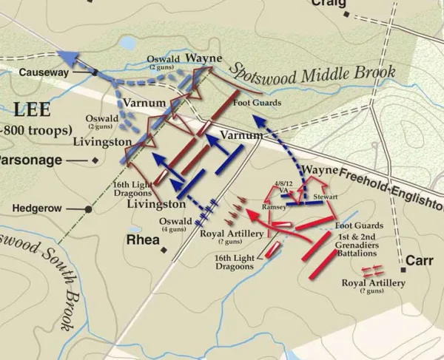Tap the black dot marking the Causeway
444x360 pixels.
coord(95,72)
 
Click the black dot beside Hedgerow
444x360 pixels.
coord(89,210)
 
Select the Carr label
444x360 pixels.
coord(420,260)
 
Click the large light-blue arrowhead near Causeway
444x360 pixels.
coord(70,61)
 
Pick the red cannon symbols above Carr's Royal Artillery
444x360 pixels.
coord(371,271)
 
